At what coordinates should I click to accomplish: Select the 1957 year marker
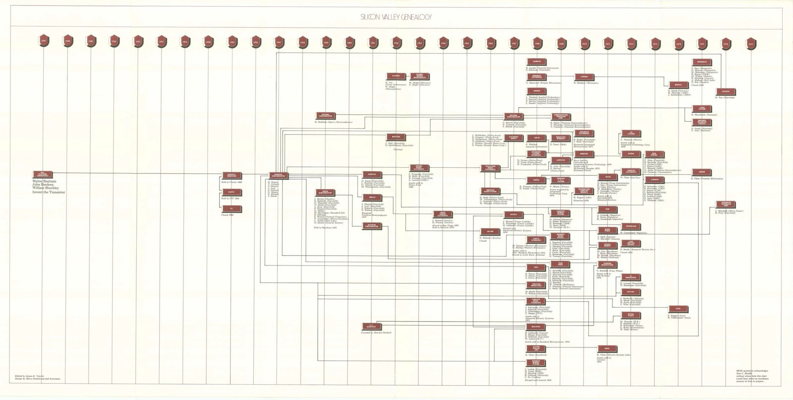pos(280,41)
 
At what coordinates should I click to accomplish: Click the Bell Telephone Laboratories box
pos(42,174)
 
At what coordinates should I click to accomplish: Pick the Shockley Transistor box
pos(231,175)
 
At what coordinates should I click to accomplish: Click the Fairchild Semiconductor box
pos(278,175)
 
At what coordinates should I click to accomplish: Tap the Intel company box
pos(536,268)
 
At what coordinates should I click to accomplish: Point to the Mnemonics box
pos(702,62)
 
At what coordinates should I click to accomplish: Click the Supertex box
pos(726,91)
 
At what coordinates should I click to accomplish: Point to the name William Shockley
pos(46,188)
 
